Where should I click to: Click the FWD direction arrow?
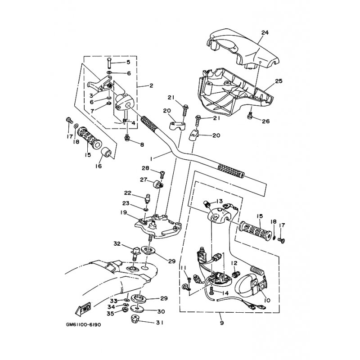click(x=83, y=308)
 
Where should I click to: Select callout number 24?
click(x=265, y=32)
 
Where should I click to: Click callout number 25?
click(x=279, y=81)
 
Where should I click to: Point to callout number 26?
click(x=265, y=121)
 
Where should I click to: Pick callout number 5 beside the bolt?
click(x=128, y=62)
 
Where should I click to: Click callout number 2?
click(x=151, y=85)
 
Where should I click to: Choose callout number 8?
click(x=142, y=145)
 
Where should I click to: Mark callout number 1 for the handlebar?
click(x=151, y=158)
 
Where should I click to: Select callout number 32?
click(x=117, y=243)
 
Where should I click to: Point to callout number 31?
click(x=160, y=323)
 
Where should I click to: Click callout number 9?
click(x=221, y=323)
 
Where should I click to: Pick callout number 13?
click(x=220, y=201)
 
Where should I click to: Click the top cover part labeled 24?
click(x=243, y=49)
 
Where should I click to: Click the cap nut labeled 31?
click(x=135, y=319)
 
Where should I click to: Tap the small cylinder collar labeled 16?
click(x=106, y=153)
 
